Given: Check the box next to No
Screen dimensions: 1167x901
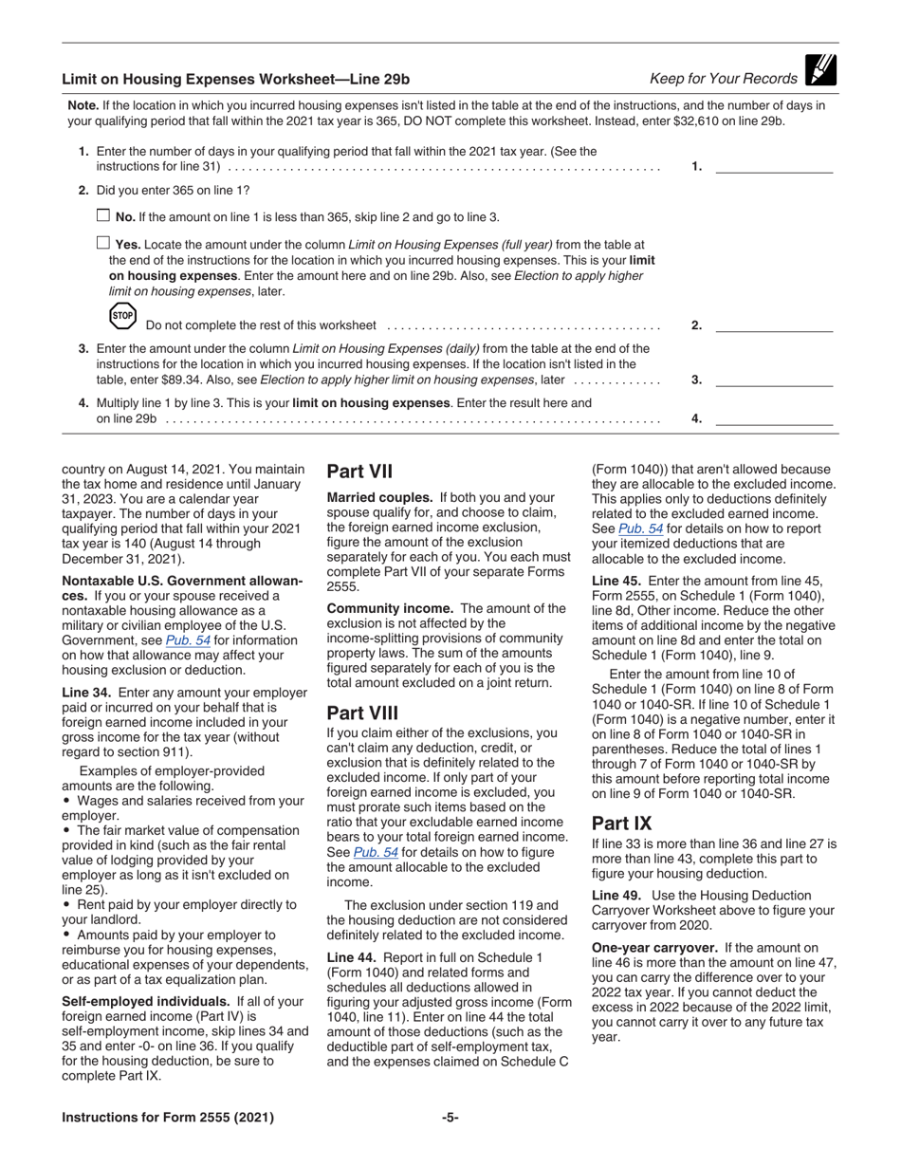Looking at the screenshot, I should pos(104,216).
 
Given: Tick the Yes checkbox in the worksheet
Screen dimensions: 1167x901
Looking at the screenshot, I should pos(104,244).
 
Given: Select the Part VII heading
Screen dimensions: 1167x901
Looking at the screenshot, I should pos(359,472).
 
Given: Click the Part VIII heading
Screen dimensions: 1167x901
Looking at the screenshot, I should pos(362,713).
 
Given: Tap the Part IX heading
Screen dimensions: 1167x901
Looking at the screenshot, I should pos(621,823).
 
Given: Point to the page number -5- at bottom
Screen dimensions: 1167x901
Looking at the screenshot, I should pos(450,1117).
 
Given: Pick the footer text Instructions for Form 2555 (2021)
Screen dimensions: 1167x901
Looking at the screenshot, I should pos(168,1117).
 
